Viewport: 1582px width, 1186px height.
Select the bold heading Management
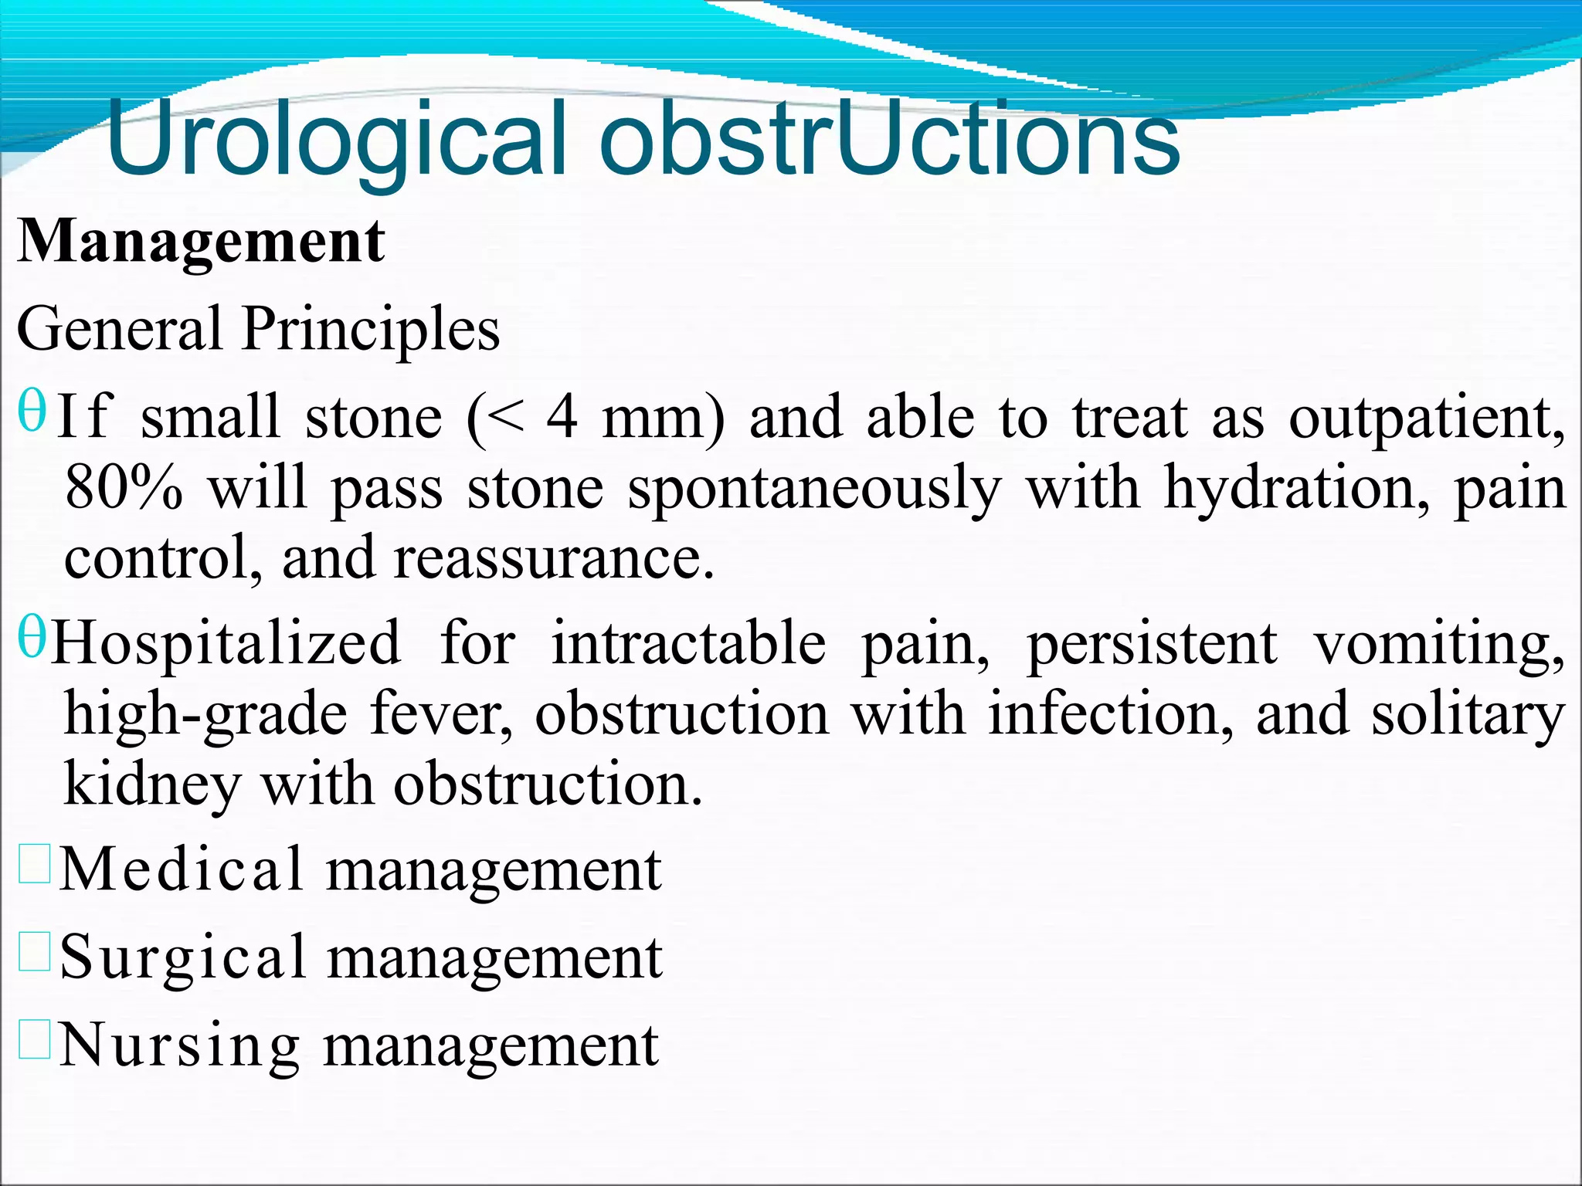click(201, 242)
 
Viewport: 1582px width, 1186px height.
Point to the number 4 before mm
click(562, 417)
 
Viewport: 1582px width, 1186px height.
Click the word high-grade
click(205, 714)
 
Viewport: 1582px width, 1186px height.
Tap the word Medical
click(182, 869)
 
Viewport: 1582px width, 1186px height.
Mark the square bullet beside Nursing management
click(35, 1039)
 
